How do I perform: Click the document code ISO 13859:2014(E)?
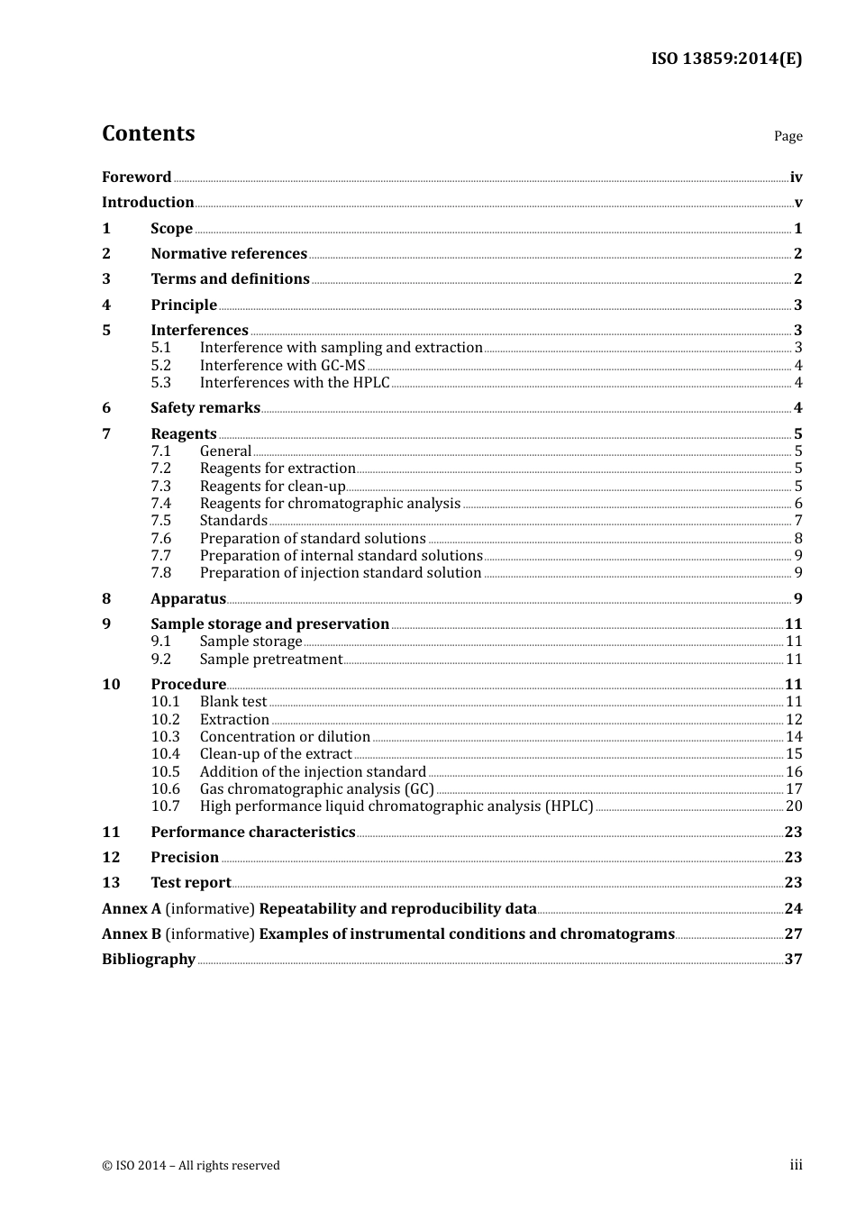click(x=726, y=59)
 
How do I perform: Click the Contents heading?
click(x=148, y=133)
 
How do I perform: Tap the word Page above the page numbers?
click(x=788, y=136)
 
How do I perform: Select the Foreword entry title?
click(x=136, y=177)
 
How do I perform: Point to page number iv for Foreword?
click(x=796, y=178)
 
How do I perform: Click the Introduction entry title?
click(x=148, y=202)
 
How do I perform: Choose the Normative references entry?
click(x=229, y=253)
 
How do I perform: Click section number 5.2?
click(x=160, y=365)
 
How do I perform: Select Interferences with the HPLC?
click(x=295, y=382)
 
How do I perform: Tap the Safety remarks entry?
click(x=205, y=407)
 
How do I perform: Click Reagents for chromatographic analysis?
click(x=330, y=503)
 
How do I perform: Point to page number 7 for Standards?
click(x=797, y=521)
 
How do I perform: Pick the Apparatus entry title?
click(x=188, y=598)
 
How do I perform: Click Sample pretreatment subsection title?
click(x=270, y=659)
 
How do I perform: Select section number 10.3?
click(x=165, y=736)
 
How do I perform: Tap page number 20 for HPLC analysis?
click(x=794, y=806)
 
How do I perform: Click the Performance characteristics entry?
click(x=252, y=832)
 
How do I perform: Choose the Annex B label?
click(x=132, y=933)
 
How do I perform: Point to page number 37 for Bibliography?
click(x=793, y=959)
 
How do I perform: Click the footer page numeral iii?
click(x=796, y=1165)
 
